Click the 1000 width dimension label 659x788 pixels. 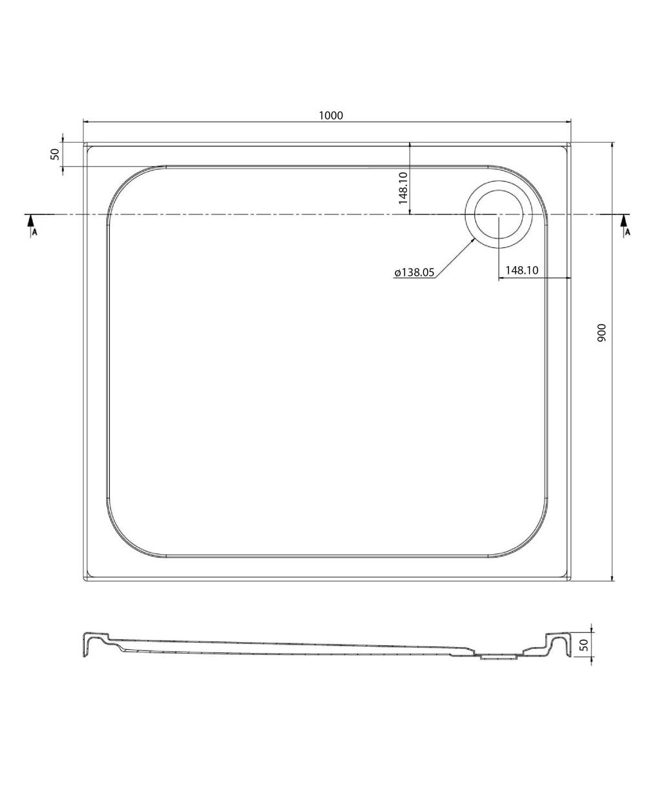coord(331,116)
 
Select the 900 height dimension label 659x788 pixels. coord(601,333)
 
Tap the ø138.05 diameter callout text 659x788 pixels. coord(415,272)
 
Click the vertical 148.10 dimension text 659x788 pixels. coord(403,189)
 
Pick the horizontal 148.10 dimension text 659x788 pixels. coord(522,270)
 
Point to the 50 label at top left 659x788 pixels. coord(55,154)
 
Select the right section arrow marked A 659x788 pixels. coord(625,225)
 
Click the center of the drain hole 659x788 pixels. coord(499,214)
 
